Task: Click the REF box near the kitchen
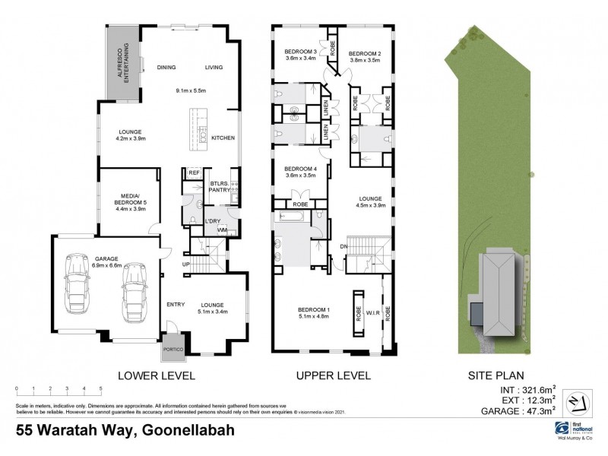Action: (x=193, y=173)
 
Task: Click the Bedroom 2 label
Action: (x=365, y=53)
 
